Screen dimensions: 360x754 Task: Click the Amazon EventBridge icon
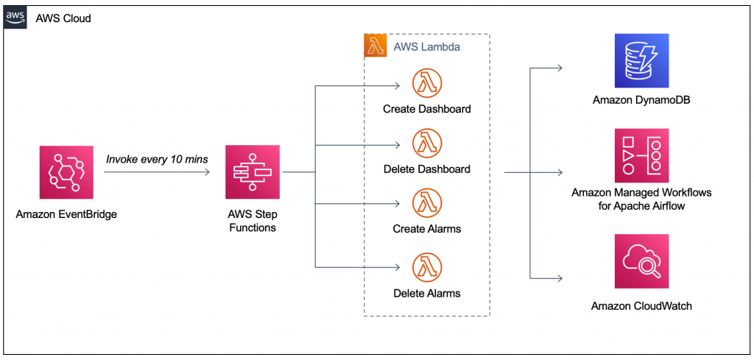(x=65, y=172)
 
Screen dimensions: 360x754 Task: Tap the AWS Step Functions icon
(x=253, y=172)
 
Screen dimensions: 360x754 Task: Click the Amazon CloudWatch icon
(x=641, y=262)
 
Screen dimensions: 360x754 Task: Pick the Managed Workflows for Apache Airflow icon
(x=641, y=155)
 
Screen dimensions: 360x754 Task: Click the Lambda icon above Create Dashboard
(x=426, y=82)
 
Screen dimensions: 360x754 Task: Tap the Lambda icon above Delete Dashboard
(x=426, y=143)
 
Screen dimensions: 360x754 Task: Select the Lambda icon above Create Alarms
(x=426, y=202)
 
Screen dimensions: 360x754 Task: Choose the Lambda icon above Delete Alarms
(x=426, y=267)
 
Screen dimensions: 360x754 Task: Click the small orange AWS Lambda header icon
(x=376, y=46)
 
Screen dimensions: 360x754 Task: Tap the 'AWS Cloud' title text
(x=63, y=18)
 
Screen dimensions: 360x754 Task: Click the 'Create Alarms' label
(x=426, y=229)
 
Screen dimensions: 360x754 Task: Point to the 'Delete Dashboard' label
(x=426, y=169)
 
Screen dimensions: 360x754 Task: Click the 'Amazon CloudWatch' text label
(x=641, y=306)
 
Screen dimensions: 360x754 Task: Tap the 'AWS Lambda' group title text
(x=427, y=46)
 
